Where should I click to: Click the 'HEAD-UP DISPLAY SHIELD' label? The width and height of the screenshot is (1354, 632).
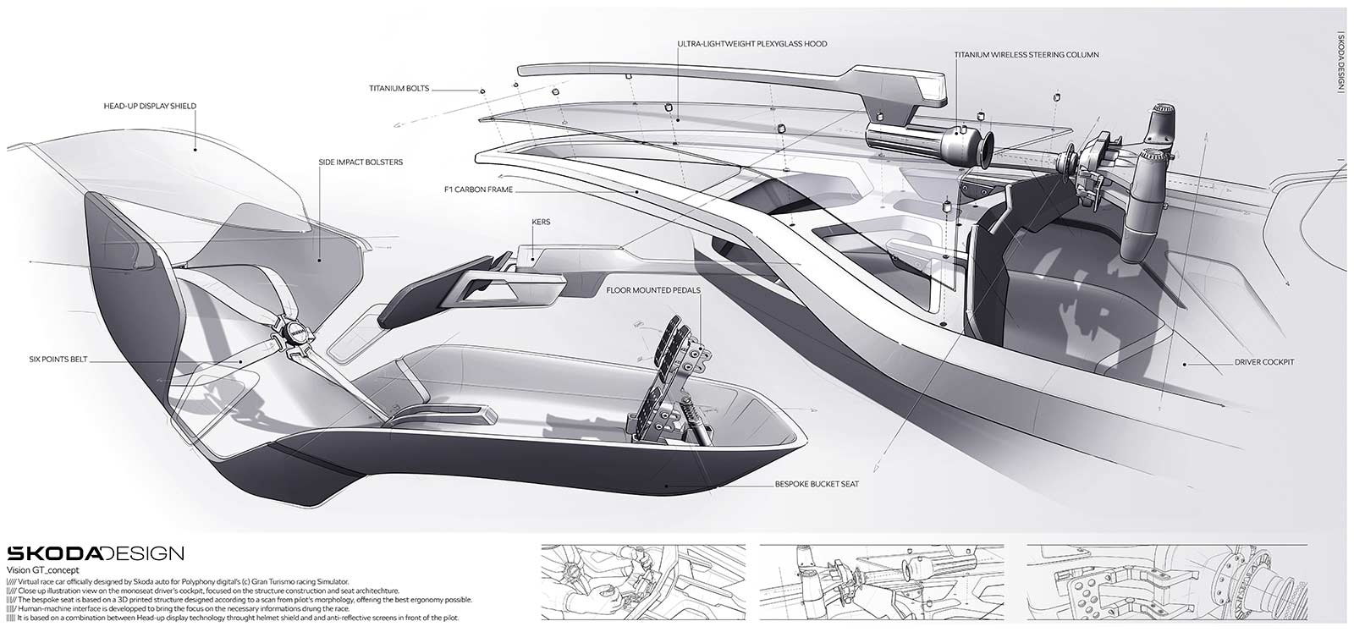click(149, 107)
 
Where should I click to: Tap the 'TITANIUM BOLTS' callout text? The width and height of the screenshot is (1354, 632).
click(399, 87)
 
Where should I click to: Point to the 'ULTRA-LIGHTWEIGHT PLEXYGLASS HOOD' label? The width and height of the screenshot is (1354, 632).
click(752, 44)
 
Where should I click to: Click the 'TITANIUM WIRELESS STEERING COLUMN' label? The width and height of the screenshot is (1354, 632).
click(1027, 55)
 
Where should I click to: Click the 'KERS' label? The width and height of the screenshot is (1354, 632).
click(542, 223)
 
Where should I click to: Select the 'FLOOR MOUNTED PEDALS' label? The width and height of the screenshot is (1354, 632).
click(653, 290)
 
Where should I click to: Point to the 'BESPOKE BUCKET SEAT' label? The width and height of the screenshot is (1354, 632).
click(817, 485)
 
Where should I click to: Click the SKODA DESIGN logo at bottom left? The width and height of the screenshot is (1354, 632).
click(95, 554)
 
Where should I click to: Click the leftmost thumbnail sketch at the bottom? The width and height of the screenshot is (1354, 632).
click(640, 583)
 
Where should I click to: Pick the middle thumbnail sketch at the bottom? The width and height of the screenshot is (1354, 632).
click(880, 583)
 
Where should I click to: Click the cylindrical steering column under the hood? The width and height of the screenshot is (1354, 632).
click(918, 141)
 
